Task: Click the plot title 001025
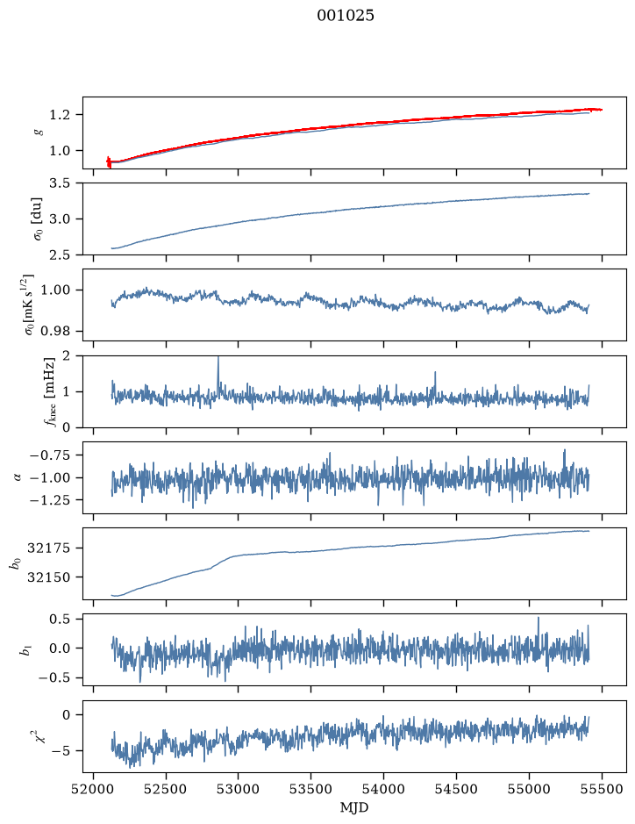click(345, 16)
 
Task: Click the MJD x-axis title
click(354, 807)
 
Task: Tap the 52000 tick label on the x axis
click(94, 789)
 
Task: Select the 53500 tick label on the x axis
click(311, 789)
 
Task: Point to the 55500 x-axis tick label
click(602, 789)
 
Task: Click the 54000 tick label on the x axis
click(383, 789)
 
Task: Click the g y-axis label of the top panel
click(38, 133)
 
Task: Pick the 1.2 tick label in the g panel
click(60, 115)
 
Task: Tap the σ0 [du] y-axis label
click(38, 219)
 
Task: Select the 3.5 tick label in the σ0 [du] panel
click(60, 183)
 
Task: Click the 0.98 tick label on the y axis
click(55, 331)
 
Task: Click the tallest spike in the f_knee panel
click(218, 358)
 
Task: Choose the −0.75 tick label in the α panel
click(51, 455)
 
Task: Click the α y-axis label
click(18, 477)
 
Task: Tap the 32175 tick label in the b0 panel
click(49, 548)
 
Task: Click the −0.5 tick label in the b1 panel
click(54, 678)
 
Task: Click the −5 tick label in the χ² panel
click(61, 750)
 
